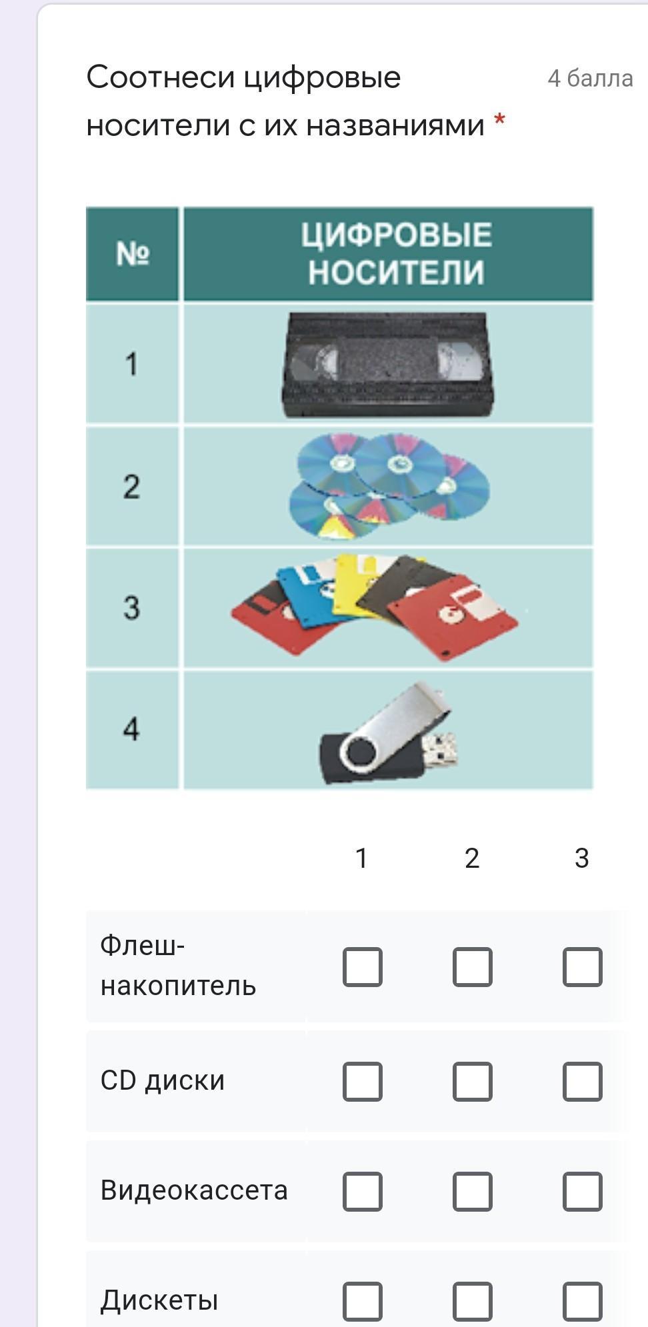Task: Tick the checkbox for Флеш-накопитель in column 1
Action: (x=363, y=966)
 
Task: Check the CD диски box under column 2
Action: (x=473, y=1081)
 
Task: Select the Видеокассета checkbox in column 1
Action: (x=363, y=1191)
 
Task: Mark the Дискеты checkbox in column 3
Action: (x=583, y=1301)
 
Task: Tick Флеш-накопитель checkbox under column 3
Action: (x=583, y=966)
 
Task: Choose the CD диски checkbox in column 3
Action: (x=583, y=1081)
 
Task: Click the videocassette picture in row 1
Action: (x=388, y=365)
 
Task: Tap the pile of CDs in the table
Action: (x=389, y=486)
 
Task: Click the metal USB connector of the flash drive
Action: (x=441, y=748)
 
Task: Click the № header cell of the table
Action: (x=132, y=253)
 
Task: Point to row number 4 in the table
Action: (x=131, y=729)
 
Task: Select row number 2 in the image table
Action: (x=131, y=487)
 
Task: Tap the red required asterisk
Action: (x=499, y=121)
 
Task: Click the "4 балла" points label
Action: (x=590, y=79)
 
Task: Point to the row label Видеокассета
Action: (x=194, y=1190)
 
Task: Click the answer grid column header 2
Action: (x=472, y=858)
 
